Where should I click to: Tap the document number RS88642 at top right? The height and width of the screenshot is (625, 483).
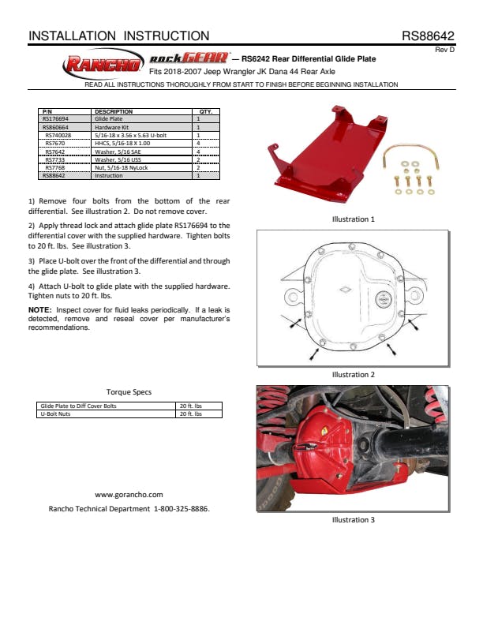[428, 36]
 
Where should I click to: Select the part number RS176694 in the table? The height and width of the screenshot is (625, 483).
[56, 118]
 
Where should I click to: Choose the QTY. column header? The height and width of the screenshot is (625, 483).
[205, 112]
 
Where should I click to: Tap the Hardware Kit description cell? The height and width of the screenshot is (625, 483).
[110, 126]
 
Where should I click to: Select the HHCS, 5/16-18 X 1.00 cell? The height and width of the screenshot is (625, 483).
[122, 143]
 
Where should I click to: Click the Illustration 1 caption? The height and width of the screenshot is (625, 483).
[353, 219]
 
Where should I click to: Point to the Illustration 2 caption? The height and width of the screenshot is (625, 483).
[353, 374]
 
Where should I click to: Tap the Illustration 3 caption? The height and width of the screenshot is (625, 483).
[353, 519]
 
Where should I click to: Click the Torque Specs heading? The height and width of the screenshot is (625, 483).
[129, 392]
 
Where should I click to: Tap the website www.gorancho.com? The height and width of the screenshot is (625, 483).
[129, 494]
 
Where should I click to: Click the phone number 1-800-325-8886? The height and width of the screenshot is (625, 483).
[182, 509]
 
